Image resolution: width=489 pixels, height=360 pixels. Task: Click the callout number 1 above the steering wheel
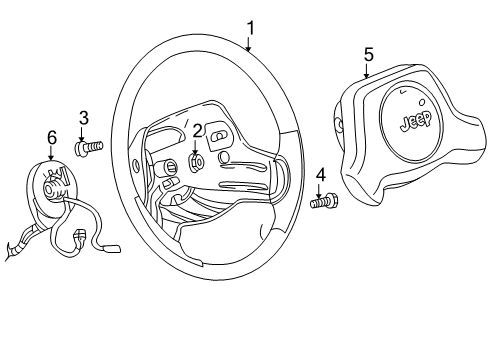tap(250, 28)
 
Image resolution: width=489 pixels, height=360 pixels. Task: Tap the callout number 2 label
tap(197, 129)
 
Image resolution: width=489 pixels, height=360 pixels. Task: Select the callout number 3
tap(84, 117)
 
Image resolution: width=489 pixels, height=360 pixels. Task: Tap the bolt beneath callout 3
tap(88, 148)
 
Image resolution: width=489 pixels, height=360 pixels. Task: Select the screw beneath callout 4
tap(322, 203)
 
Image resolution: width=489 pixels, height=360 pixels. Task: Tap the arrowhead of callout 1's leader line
tap(249, 49)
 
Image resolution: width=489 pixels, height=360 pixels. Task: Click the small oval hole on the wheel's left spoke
tap(134, 163)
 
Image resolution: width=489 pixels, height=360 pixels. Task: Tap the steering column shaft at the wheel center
tap(173, 164)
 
